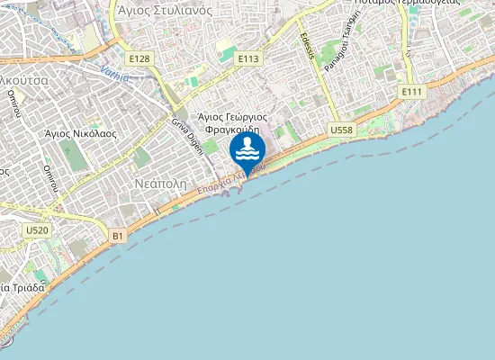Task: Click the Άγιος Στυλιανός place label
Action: tap(164, 11)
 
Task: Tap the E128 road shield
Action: tap(139, 58)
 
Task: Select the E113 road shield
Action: tap(248, 58)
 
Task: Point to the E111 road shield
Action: tap(412, 92)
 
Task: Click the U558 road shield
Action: tap(341, 130)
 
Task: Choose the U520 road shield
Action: tap(37, 230)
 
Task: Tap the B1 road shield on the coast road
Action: tap(117, 236)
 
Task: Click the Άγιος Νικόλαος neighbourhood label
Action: tap(81, 132)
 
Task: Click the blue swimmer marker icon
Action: tap(247, 150)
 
